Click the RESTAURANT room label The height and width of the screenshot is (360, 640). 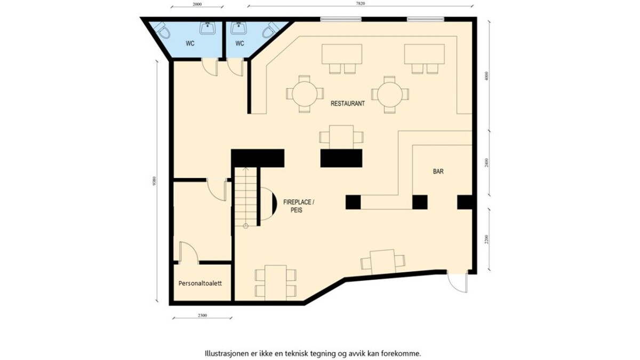[347, 103]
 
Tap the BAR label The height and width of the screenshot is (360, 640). [438, 171]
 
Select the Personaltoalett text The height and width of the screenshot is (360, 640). [200, 283]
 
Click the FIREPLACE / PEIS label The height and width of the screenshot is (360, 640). [299, 206]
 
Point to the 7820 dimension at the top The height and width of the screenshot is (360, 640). [361, 3]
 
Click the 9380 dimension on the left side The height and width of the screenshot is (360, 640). [154, 181]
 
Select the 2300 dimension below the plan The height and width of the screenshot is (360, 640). [202, 315]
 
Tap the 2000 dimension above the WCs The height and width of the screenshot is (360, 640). [197, 4]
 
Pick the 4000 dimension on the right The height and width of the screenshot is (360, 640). [486, 76]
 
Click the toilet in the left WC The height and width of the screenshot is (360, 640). [162, 30]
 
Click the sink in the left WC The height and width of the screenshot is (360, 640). [207, 28]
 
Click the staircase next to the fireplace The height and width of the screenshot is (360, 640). [246, 197]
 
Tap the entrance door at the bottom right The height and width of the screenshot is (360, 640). [458, 282]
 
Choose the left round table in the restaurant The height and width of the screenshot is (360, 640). [305, 94]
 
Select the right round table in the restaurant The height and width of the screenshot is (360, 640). [390, 94]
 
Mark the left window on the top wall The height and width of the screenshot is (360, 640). [341, 19]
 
